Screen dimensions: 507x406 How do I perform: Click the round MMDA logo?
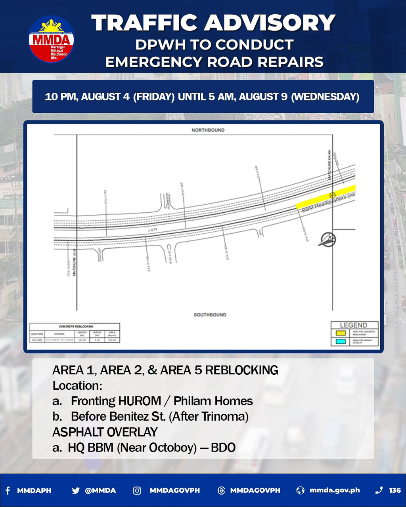point(51,39)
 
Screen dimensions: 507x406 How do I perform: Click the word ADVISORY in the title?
point(269,23)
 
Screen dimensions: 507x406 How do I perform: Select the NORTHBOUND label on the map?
point(208,130)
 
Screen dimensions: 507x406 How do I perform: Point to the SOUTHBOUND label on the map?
point(210,314)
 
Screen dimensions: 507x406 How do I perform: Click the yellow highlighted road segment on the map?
point(325,197)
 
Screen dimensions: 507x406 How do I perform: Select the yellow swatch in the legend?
point(341,333)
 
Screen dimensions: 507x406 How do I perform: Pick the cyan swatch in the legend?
point(341,341)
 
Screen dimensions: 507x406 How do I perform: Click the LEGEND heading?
point(353,325)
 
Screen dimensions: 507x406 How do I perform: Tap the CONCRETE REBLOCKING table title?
point(76,326)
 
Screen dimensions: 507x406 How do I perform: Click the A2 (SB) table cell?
point(37,340)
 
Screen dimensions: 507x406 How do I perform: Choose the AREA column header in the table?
point(112,334)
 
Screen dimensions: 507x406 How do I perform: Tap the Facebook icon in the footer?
point(8,490)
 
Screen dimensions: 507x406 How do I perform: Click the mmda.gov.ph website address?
point(335,490)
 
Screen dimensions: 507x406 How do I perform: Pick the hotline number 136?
point(395,490)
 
